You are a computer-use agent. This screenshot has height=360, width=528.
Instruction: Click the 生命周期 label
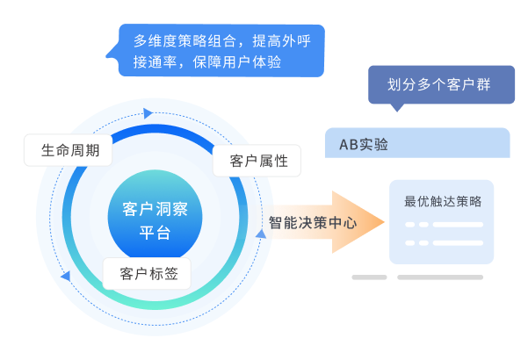[70, 150]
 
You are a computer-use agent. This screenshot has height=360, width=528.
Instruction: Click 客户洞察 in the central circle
[156, 210]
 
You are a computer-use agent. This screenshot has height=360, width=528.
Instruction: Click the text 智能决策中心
[313, 223]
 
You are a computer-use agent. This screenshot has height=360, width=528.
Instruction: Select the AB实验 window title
[364, 144]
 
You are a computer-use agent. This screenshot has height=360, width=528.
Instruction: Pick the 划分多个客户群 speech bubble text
[431, 85]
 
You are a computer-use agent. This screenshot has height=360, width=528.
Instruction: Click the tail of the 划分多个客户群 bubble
[398, 108]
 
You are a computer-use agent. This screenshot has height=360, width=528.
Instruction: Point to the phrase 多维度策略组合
[182, 40]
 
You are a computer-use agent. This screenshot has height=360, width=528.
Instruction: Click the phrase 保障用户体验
[235, 64]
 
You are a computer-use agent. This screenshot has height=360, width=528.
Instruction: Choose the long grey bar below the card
[440, 277]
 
